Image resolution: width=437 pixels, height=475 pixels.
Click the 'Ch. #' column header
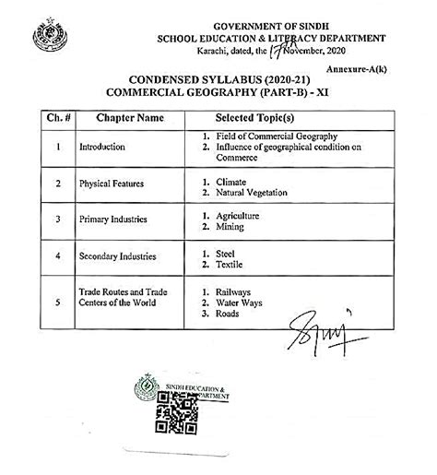coord(58,119)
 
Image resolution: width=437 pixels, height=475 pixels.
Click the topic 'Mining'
coord(228,224)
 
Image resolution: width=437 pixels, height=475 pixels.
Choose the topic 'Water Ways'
coord(237,301)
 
